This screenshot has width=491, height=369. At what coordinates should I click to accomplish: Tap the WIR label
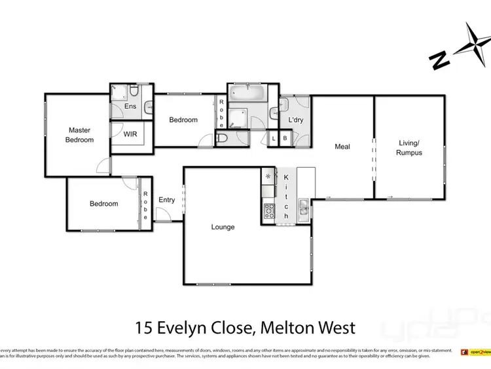[130, 134]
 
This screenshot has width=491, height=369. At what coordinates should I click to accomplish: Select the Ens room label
[130, 106]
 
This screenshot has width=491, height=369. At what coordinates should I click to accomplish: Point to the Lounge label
[223, 227]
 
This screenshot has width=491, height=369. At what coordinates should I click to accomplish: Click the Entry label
[166, 200]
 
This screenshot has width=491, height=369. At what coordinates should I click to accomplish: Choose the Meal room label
[342, 147]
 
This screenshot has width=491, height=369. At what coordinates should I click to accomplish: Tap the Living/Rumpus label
[409, 148]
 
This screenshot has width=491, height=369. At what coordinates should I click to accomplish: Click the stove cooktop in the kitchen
[269, 211]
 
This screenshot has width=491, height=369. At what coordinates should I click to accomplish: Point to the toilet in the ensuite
[134, 91]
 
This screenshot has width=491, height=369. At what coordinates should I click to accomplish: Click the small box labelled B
[285, 138]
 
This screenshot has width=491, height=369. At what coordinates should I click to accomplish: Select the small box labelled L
[274, 138]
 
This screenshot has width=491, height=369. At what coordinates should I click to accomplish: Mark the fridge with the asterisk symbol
[268, 176]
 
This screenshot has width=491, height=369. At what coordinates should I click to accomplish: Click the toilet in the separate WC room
[222, 138]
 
